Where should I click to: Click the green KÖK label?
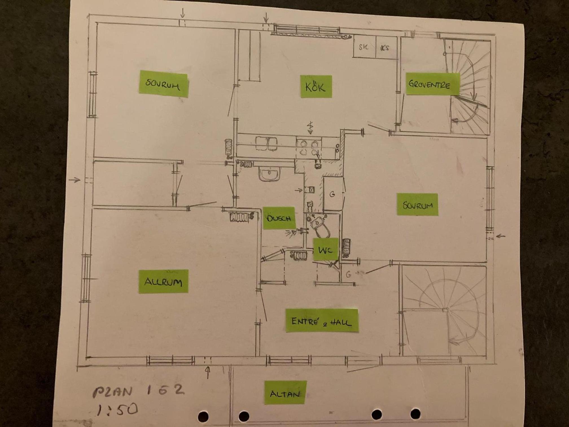pyautogui.click(x=316, y=86)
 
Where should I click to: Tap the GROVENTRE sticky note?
pyautogui.click(x=432, y=84)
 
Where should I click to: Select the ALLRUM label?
pyautogui.click(x=163, y=281)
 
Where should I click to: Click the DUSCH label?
pyautogui.click(x=279, y=218)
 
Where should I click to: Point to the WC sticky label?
pyautogui.click(x=325, y=249)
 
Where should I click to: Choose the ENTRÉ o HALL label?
pyautogui.click(x=322, y=321)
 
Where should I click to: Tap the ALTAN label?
pyautogui.click(x=285, y=393)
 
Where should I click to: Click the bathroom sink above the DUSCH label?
pyautogui.click(x=269, y=173)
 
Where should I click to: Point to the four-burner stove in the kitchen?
pyautogui.click(x=309, y=148)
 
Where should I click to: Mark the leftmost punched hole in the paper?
pyautogui.click(x=203, y=416)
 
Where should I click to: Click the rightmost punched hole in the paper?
pyautogui.click(x=415, y=414)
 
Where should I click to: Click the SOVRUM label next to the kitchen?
pyautogui.click(x=163, y=84)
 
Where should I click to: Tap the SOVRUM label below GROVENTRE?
pyautogui.click(x=417, y=204)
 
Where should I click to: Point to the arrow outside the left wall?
pyautogui.click(x=75, y=180)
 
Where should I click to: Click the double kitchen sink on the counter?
pyautogui.click(x=266, y=143)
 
